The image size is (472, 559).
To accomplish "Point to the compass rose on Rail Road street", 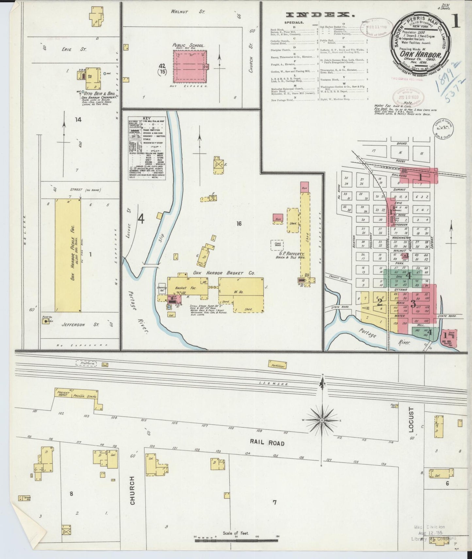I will click(x=322, y=420).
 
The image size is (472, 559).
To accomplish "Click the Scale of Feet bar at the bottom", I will click(x=236, y=541).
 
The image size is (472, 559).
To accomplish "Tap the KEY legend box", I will click(x=147, y=148).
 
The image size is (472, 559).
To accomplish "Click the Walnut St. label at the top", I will click(x=187, y=12).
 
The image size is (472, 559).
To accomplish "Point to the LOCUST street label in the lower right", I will click(x=411, y=419).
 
